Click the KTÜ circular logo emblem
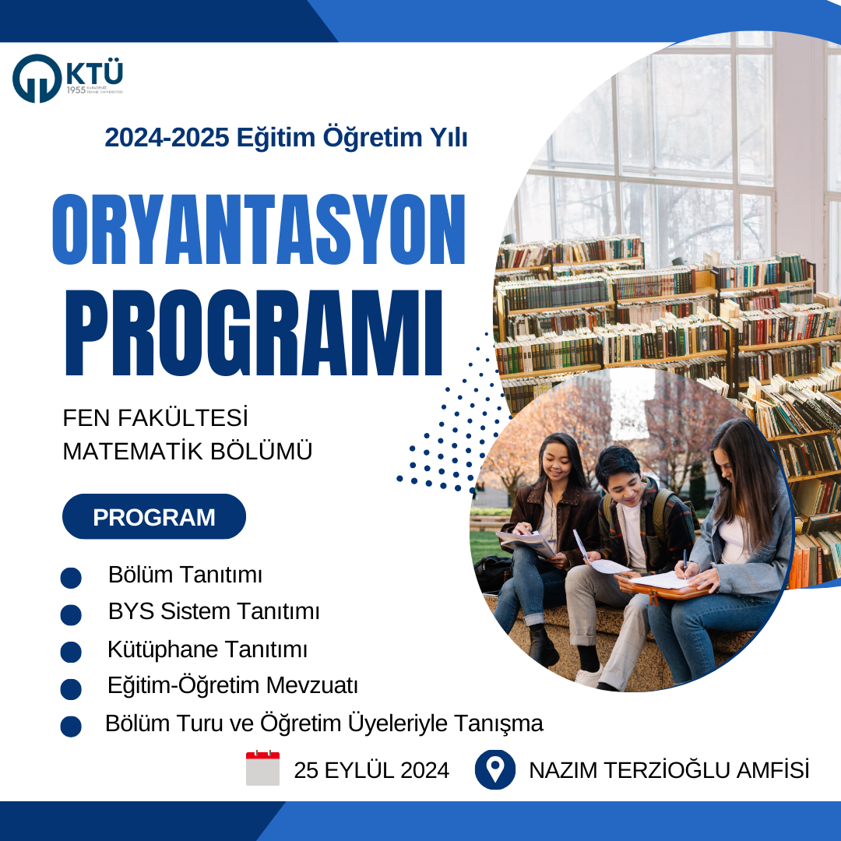37,79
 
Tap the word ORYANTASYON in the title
259,230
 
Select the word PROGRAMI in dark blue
254,333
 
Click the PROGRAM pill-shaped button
154,516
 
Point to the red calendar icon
263,768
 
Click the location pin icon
495,769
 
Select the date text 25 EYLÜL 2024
371,770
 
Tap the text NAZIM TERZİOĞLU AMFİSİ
669,770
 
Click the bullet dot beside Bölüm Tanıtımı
71,578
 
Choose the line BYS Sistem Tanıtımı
213,611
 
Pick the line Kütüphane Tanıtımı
208,649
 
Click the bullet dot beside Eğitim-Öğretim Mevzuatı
71,689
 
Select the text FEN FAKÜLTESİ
156,418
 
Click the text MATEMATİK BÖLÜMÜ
187,451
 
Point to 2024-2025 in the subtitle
167,138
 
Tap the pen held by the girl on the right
684,561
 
